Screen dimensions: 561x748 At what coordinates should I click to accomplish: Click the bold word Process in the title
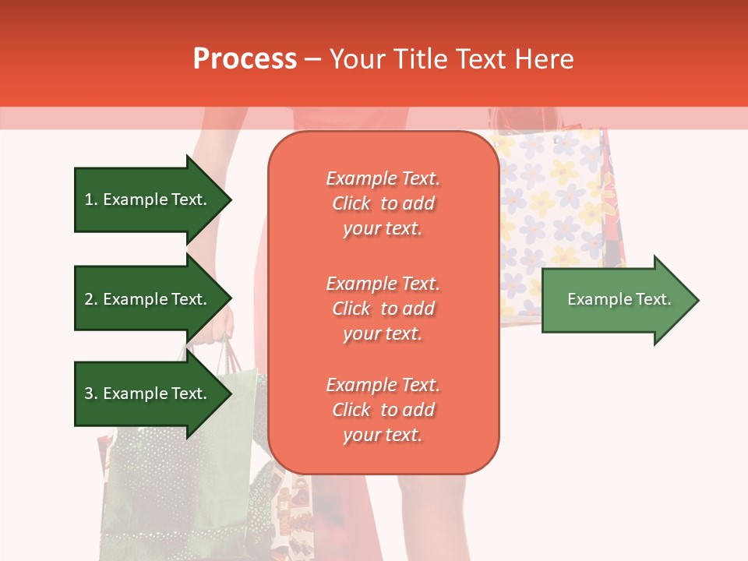pyautogui.click(x=245, y=58)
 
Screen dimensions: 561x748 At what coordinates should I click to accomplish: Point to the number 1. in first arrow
pyautogui.click(x=91, y=199)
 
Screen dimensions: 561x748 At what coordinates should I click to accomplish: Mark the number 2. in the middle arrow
pyautogui.click(x=91, y=299)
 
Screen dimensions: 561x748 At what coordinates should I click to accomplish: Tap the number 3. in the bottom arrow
pyautogui.click(x=91, y=393)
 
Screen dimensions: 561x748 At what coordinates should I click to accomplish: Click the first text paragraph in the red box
pyautogui.click(x=383, y=203)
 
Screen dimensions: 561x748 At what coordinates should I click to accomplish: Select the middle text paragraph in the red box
pyautogui.click(x=383, y=309)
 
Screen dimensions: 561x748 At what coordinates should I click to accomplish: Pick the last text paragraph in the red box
pyautogui.click(x=383, y=410)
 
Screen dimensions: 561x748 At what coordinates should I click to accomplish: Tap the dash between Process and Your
pyautogui.click(x=313, y=59)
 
